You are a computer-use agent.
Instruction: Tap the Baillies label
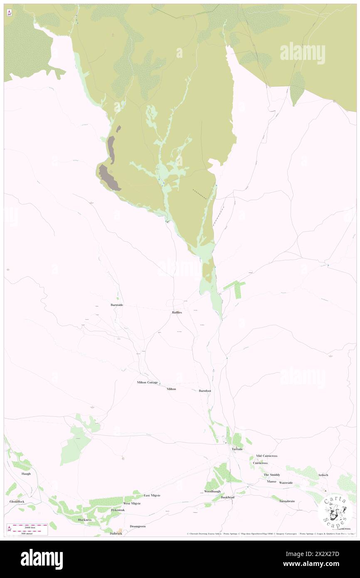pyautogui.click(x=177, y=312)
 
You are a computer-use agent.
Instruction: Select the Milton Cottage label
pyautogui.click(x=147, y=382)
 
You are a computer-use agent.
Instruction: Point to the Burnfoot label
pyautogui.click(x=205, y=391)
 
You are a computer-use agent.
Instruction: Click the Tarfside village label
pyautogui.click(x=237, y=449)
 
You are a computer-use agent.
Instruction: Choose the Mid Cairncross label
pyautogui.click(x=266, y=456)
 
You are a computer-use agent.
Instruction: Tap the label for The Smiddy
pyautogui.click(x=271, y=475)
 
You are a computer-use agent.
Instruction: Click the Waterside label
pyautogui.click(x=286, y=483)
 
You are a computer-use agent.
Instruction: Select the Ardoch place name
pyautogui.click(x=323, y=475)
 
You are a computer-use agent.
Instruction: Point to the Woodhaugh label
pyautogui.click(x=212, y=492)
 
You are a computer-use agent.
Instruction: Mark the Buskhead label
pyautogui.click(x=228, y=497)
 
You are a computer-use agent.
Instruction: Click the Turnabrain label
pyautogui.click(x=287, y=501)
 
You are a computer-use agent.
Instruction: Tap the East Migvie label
pyautogui.click(x=152, y=495)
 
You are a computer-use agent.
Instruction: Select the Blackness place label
pyautogui.click(x=84, y=520)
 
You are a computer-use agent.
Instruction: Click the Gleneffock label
pyautogui.click(x=17, y=501)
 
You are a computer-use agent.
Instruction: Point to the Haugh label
pyautogui.click(x=26, y=474)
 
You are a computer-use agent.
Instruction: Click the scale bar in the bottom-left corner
pyautogui.click(x=30, y=529)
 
